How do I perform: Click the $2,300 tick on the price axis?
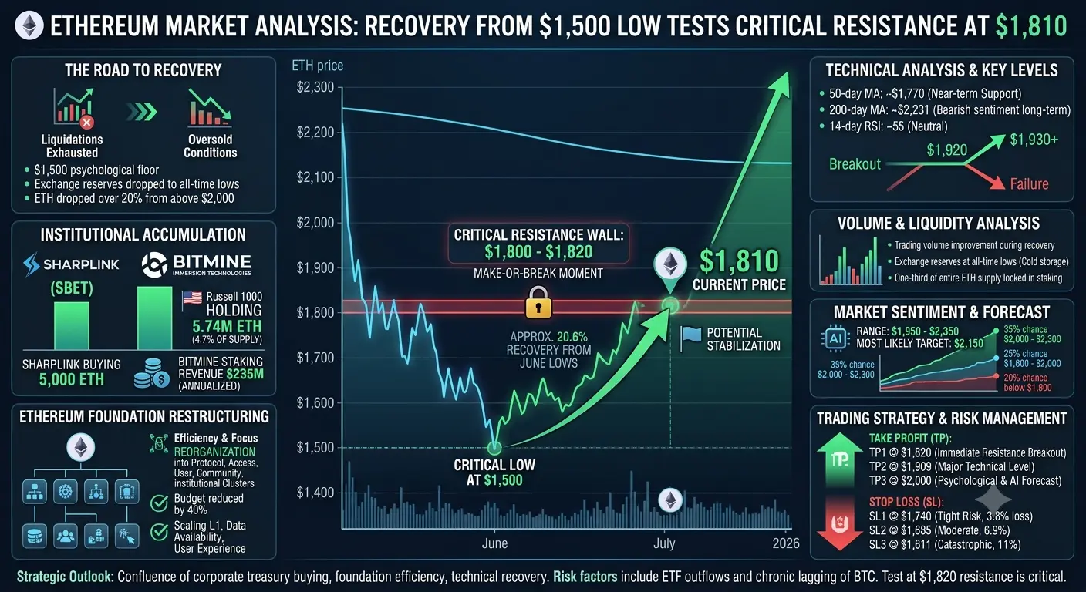315,88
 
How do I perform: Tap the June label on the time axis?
494,543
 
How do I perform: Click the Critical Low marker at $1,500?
494,448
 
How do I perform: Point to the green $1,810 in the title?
1031,26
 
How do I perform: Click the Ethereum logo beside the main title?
29,25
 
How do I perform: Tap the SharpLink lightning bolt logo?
32,264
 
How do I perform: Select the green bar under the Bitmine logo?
155,318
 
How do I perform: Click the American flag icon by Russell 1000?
192,298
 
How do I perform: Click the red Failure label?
1029,184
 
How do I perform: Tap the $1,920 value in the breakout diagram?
946,150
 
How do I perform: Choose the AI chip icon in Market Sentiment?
835,338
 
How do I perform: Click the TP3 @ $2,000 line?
965,480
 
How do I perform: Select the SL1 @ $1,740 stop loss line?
951,516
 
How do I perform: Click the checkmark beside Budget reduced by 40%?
159,504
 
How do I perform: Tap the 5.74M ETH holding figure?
227,326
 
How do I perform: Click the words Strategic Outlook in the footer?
66,577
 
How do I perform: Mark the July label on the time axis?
664,543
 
